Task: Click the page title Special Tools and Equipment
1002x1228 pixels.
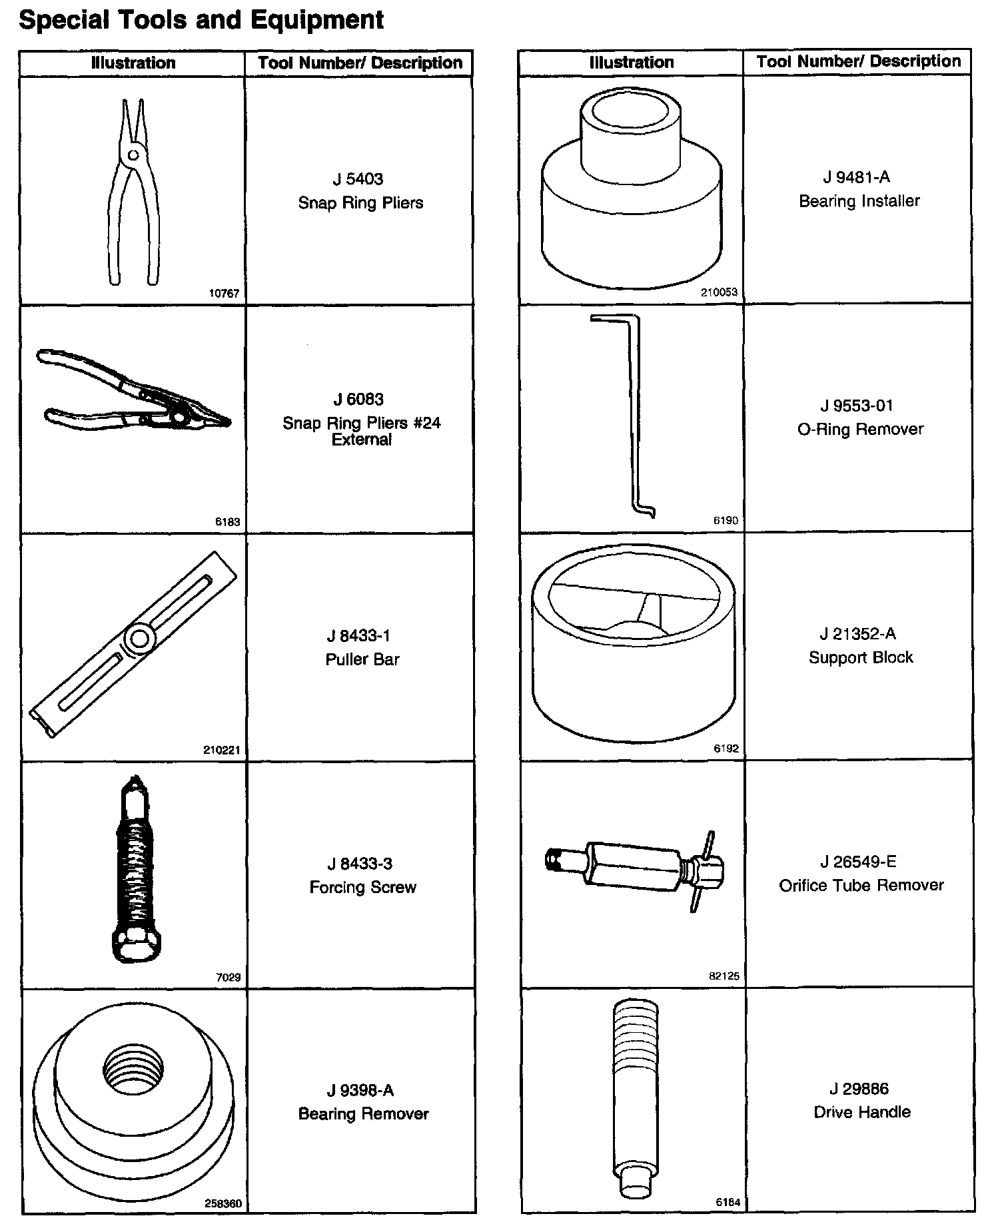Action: coord(201,20)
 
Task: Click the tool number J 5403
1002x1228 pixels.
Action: coord(358,179)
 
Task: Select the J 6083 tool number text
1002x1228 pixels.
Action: coord(358,400)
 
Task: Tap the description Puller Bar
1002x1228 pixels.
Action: coord(362,659)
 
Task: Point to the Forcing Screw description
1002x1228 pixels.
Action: coord(363,888)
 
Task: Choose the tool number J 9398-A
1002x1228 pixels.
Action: coord(360,1091)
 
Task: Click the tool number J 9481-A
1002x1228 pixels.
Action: coord(857,177)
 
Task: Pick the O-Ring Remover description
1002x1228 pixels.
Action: coord(861,430)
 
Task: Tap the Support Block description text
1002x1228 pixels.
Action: coord(861,658)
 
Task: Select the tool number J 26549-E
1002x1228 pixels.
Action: coord(859,862)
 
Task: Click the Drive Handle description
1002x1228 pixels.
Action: coord(862,1112)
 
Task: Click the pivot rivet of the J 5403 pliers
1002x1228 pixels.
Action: coord(133,155)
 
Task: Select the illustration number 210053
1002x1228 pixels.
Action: coord(720,292)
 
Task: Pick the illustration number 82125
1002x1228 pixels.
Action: coord(724,977)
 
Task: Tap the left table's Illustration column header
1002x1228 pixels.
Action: coord(133,63)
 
